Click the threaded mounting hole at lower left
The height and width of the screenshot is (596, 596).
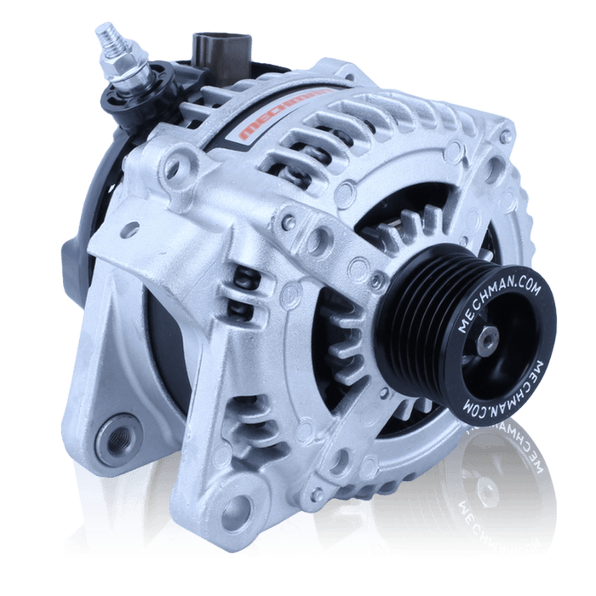coord(117,439)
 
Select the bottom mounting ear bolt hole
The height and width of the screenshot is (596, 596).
coord(238,508)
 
